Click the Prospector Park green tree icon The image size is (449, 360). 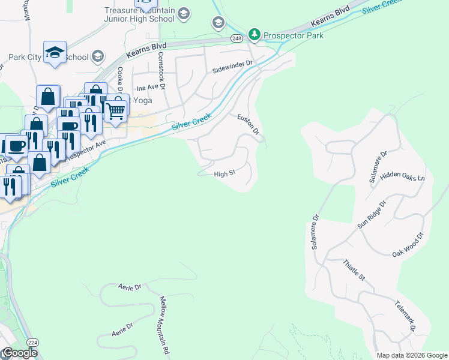click(x=255, y=35)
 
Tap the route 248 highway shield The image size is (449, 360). click(x=237, y=38)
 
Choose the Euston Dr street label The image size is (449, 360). click(x=248, y=124)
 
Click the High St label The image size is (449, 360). click(x=224, y=175)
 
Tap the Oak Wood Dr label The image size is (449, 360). click(x=408, y=245)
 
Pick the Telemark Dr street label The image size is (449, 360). click(x=405, y=317)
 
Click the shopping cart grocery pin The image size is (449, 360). click(x=115, y=110)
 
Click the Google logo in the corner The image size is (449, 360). click(x=19, y=353)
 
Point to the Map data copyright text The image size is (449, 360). click(x=412, y=355)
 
